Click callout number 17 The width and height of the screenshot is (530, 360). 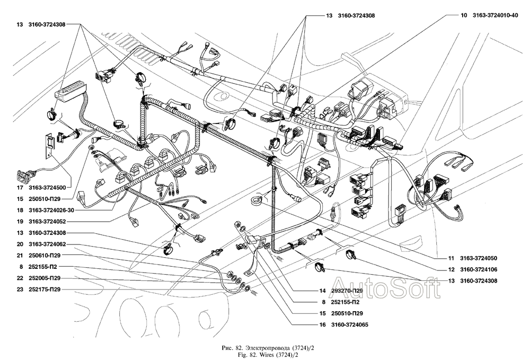pyautogui.click(x=20, y=187)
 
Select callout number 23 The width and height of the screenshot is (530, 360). pyautogui.click(x=20, y=289)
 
